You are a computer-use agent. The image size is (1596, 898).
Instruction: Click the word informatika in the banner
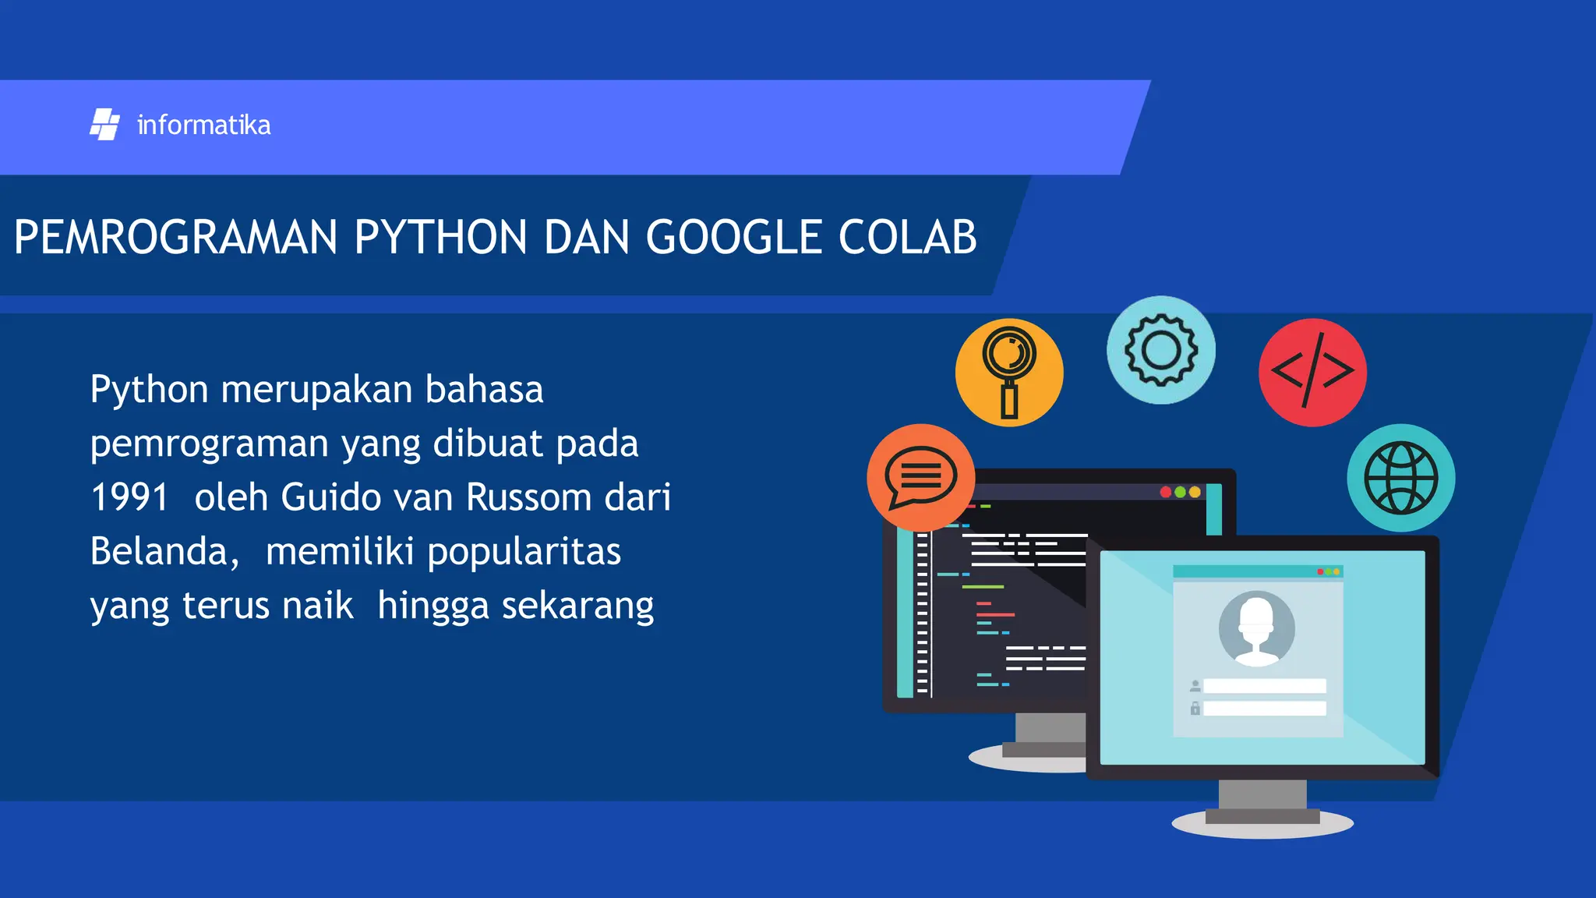point(203,126)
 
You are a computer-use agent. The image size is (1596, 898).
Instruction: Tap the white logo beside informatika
point(104,125)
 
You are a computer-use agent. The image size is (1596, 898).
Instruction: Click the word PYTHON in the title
point(440,237)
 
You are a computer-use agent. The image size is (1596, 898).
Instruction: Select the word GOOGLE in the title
point(734,237)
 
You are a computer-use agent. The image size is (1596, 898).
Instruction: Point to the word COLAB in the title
point(907,237)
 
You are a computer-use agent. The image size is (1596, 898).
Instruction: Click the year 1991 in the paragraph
point(129,497)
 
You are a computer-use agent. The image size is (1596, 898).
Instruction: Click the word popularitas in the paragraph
point(524,552)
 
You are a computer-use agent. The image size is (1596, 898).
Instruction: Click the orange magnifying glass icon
point(1009,372)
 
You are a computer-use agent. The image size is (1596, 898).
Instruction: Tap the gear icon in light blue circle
point(1160,350)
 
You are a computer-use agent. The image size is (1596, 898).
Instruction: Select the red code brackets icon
point(1312,372)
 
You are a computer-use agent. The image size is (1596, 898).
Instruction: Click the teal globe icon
point(1400,478)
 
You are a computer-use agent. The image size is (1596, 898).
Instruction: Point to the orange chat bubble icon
point(920,477)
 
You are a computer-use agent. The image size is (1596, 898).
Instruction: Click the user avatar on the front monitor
point(1256,628)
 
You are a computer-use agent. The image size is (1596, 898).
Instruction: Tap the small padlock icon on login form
point(1195,709)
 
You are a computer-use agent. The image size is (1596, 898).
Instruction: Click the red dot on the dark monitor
point(1166,492)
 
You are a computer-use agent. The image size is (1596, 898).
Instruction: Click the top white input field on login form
point(1264,686)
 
